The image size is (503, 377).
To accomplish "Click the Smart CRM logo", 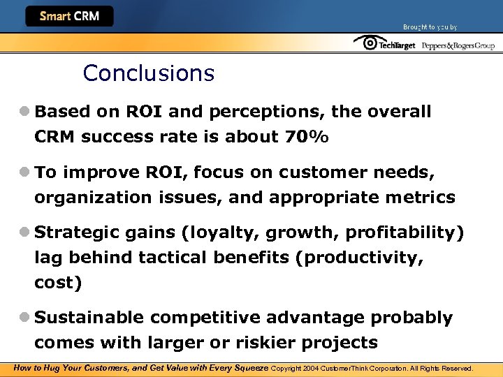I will (x=69, y=16).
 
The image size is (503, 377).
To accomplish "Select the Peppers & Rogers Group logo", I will (x=458, y=45).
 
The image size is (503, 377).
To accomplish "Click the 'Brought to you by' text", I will (x=430, y=27).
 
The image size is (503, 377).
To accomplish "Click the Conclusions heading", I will (x=148, y=73).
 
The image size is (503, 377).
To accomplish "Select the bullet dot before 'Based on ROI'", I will (x=24, y=112).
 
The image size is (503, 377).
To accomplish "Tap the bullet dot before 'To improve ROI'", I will (x=24, y=172).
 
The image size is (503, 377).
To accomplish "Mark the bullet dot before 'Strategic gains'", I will (x=24, y=232).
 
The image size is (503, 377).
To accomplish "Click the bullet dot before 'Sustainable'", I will (x=24, y=318).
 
